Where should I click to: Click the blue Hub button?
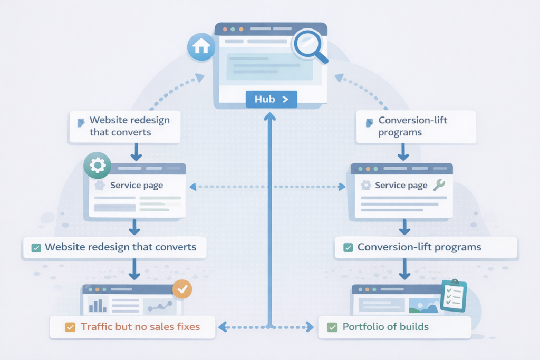tap(271, 99)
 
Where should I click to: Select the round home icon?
tap(201, 47)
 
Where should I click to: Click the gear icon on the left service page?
tap(98, 166)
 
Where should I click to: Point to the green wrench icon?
tap(438, 184)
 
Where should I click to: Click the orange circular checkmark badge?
tap(182, 289)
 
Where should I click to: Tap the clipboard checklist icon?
tap(453, 296)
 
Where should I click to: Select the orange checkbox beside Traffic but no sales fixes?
tap(70, 327)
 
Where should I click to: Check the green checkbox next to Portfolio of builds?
tap(332, 327)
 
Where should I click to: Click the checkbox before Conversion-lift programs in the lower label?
tap(347, 247)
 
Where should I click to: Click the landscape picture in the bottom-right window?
tap(426, 306)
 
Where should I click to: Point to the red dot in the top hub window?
tap(225, 29)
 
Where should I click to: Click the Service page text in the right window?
tap(401, 186)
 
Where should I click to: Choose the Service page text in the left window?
tap(137, 186)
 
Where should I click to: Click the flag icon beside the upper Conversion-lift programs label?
tap(369, 123)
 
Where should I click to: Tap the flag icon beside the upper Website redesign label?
tap(81, 123)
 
